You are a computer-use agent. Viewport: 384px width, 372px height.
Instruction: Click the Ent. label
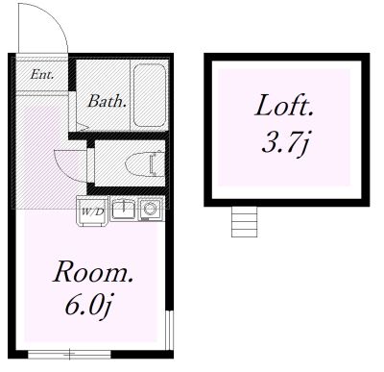pyautogui.click(x=42, y=75)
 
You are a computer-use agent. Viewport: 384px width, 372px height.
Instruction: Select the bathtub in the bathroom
pyautogui.click(x=150, y=95)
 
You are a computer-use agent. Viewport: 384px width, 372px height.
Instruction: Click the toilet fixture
pyautogui.click(x=145, y=163)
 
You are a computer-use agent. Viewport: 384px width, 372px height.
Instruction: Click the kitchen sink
pyautogui.click(x=124, y=209)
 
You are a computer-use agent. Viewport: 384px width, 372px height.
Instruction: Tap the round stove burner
pyautogui.click(x=150, y=209)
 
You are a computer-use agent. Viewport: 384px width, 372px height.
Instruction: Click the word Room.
pyautogui.click(x=93, y=272)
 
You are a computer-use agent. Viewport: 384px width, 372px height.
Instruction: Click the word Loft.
pyautogui.click(x=284, y=106)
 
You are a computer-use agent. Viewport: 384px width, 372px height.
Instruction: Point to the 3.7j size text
pyautogui.click(x=285, y=144)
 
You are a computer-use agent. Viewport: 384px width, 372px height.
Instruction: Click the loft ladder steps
pyautogui.click(x=244, y=222)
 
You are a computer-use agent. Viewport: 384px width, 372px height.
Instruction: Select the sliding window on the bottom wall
pyautogui.click(x=69, y=354)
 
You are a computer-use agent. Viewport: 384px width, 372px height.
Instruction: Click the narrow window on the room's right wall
pyautogui.click(x=170, y=330)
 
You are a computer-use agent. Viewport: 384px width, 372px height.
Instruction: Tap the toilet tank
pyautogui.click(x=159, y=163)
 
